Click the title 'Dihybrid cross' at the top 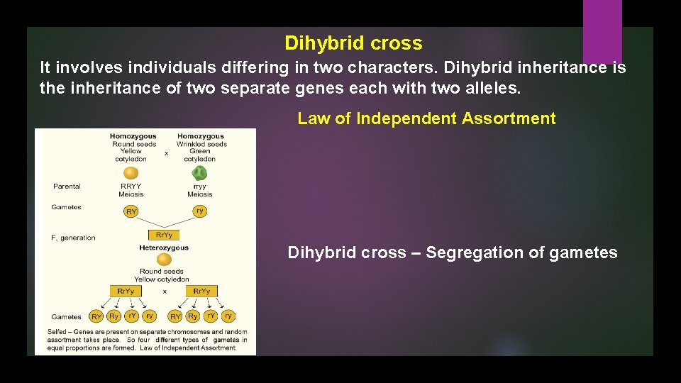tap(353, 43)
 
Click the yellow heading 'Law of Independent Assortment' tap(426, 118)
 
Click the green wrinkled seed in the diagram tap(200, 173)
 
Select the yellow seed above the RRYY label tap(131, 173)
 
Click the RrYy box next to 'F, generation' tap(164, 235)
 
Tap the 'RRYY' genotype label tap(131, 187)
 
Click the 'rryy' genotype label tap(199, 187)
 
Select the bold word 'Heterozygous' tap(164, 248)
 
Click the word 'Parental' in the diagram tap(67, 187)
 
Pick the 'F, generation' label tap(73, 238)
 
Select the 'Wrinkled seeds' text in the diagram tap(202, 144)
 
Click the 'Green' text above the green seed tap(200, 151)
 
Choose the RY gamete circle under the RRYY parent tap(131, 211)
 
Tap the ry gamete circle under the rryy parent tap(200, 211)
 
